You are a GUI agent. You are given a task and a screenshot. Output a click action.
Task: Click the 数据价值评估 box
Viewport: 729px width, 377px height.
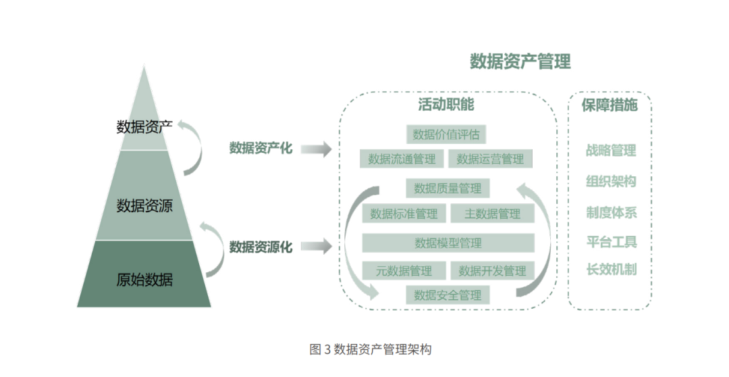[446, 134]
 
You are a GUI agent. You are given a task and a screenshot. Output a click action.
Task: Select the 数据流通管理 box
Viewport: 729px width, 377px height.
[402, 159]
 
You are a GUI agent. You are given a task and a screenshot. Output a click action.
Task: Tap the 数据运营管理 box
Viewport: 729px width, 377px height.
[490, 159]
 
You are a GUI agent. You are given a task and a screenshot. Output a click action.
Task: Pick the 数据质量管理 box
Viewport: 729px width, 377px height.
[448, 188]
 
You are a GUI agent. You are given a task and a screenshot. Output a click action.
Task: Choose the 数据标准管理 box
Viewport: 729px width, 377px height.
[404, 214]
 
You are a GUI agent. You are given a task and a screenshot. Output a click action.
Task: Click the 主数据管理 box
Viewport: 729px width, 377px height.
[492, 214]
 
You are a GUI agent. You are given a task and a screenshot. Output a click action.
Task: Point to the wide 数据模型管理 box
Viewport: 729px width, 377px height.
[448, 243]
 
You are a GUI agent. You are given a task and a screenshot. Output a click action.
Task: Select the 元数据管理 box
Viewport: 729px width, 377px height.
[404, 271]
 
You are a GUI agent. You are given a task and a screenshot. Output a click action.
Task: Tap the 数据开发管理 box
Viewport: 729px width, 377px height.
[492, 271]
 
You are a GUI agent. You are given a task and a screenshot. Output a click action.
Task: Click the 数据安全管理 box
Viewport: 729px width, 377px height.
[448, 295]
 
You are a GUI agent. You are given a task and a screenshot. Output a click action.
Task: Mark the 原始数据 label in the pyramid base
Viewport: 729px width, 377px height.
[144, 280]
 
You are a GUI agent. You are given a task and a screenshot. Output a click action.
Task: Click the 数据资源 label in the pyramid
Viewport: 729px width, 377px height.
[144, 206]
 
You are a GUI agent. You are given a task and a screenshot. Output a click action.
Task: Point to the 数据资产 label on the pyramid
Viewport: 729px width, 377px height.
[144, 126]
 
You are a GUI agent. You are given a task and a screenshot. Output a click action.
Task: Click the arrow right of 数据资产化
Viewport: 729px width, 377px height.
[315, 149]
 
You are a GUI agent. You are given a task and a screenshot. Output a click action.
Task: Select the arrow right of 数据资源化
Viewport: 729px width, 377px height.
[315, 247]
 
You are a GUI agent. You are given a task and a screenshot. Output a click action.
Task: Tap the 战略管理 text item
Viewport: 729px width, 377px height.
[611, 151]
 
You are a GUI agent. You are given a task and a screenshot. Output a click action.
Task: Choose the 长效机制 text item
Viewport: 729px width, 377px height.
[611, 269]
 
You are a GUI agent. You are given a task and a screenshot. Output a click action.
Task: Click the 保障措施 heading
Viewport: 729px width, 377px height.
[610, 105]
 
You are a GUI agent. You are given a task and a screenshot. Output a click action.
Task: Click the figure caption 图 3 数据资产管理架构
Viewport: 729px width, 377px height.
[370, 349]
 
